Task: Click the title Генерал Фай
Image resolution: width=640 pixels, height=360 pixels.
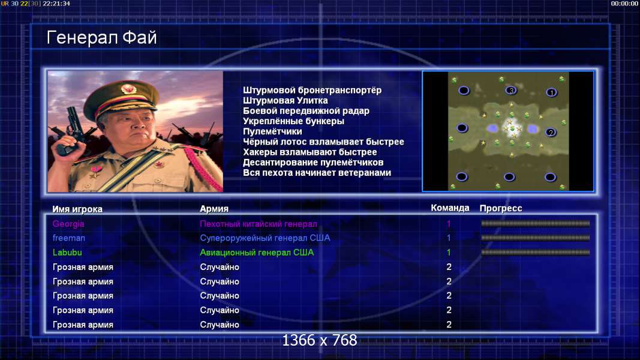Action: click(101, 38)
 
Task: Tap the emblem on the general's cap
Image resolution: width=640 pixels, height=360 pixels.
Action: click(129, 89)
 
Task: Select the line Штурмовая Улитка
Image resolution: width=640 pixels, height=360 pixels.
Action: click(286, 100)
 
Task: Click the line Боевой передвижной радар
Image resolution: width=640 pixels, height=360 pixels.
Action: click(306, 111)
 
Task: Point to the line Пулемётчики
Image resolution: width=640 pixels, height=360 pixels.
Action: click(273, 131)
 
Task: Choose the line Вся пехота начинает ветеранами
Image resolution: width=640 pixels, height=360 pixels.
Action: click(317, 173)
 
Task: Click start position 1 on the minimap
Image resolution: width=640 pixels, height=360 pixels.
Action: click(551, 92)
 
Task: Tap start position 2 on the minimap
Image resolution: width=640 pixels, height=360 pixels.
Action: click(551, 132)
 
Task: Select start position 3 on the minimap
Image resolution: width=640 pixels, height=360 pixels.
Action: click(511, 91)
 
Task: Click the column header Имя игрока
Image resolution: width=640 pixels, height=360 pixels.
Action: click(77, 209)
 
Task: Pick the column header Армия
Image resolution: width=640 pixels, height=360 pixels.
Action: click(214, 209)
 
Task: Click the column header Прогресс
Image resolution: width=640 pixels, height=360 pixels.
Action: click(501, 208)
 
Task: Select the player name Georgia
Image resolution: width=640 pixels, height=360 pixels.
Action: click(68, 224)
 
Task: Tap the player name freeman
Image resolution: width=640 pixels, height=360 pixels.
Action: click(68, 238)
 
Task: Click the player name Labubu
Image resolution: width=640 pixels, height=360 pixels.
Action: click(67, 252)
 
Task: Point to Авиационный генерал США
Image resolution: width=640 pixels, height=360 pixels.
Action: click(257, 253)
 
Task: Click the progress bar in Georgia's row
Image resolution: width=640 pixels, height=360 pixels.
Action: click(536, 223)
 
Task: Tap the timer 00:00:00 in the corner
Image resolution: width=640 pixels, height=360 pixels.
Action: click(624, 4)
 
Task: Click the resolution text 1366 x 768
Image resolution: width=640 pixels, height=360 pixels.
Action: click(320, 340)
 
